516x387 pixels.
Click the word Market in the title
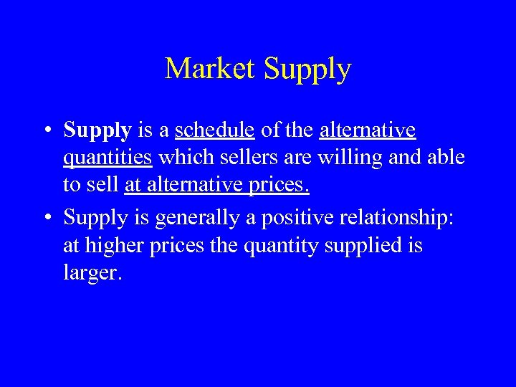click(211, 69)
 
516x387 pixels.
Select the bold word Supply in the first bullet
click(96, 131)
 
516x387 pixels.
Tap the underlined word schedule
click(214, 130)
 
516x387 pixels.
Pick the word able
click(445, 157)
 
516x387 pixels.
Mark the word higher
click(116, 247)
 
